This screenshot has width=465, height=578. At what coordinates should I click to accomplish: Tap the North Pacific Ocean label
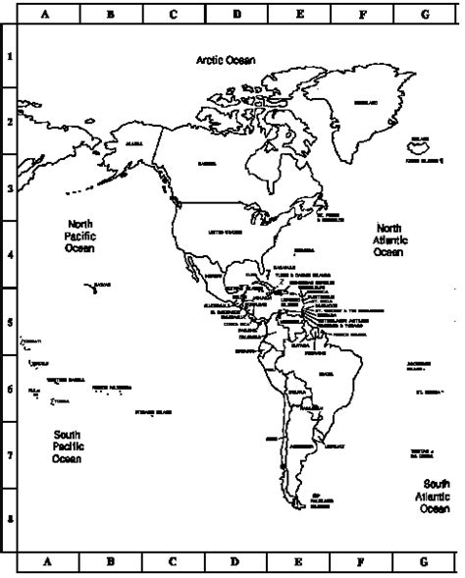(x=79, y=236)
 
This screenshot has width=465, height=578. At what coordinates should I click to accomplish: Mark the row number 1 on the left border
(x=10, y=56)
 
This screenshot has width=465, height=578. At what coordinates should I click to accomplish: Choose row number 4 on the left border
(x=10, y=254)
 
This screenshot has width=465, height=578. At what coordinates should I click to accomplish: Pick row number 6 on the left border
(x=10, y=389)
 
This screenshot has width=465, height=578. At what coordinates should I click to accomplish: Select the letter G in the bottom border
(x=424, y=563)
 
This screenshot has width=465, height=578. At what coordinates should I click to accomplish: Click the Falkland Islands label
(x=318, y=499)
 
